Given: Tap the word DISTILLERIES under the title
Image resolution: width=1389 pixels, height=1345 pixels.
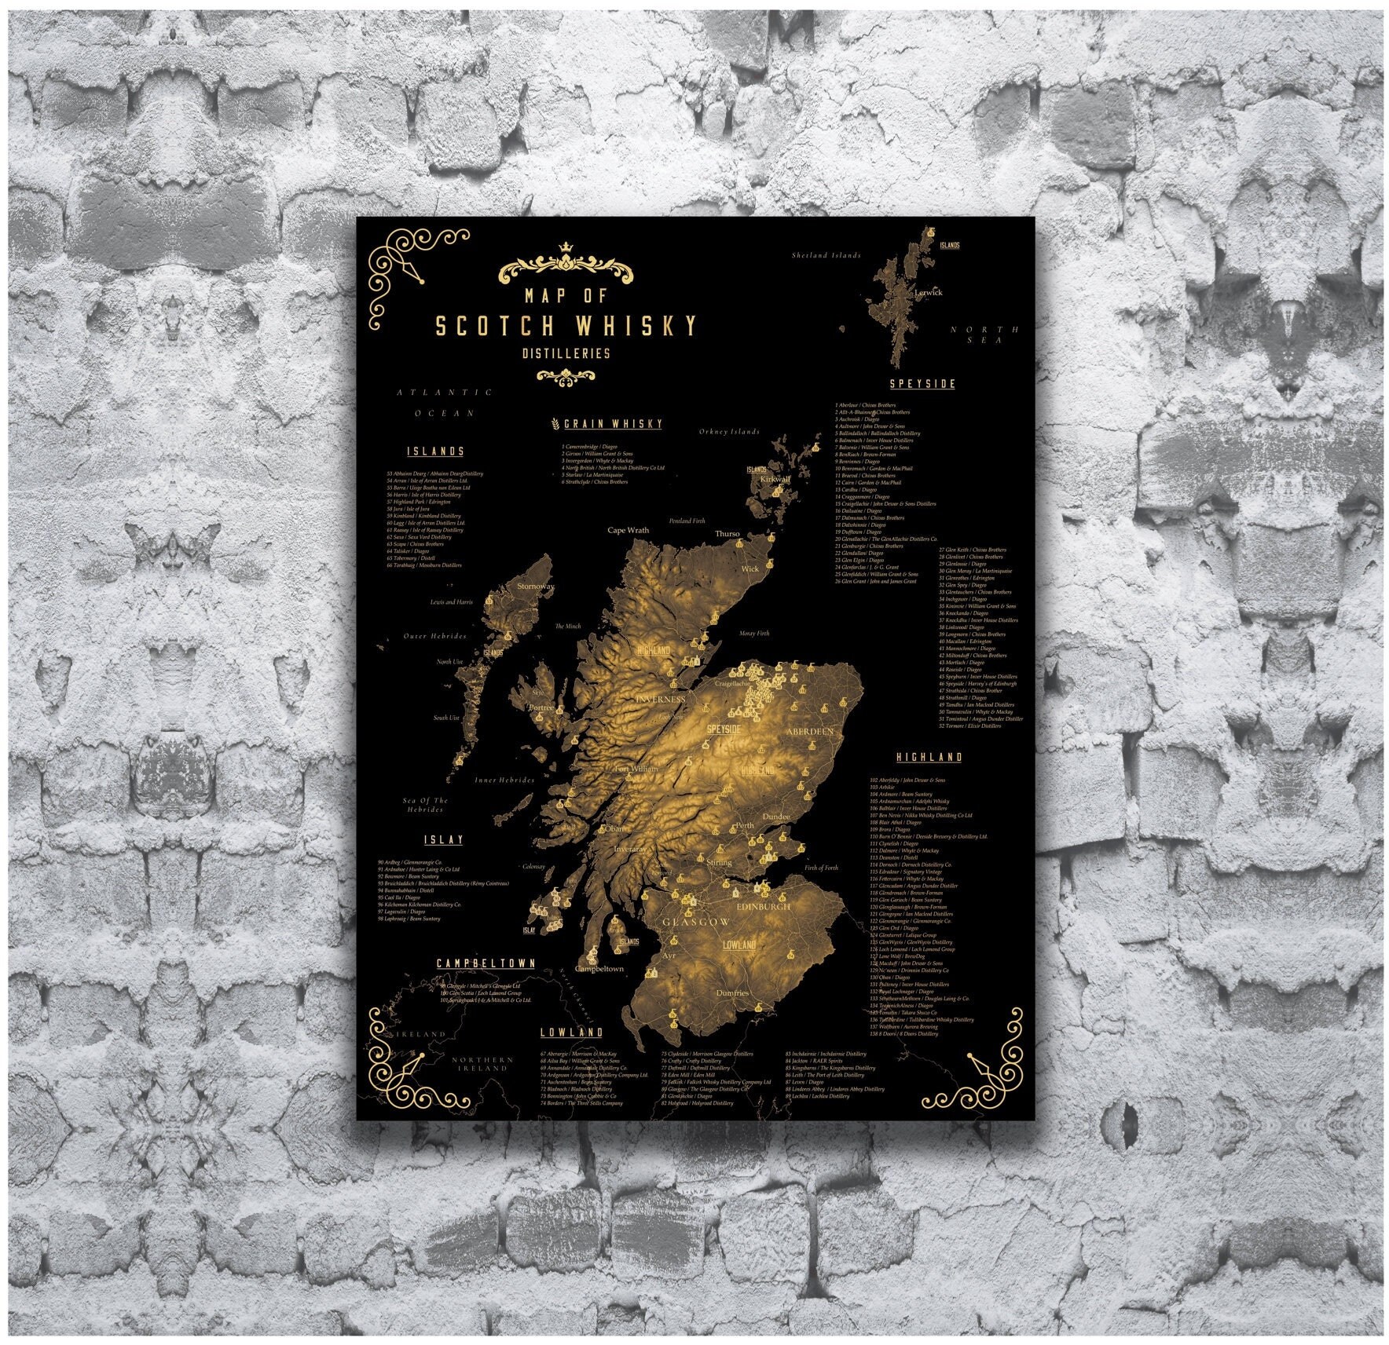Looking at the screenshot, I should pyautogui.click(x=566, y=353).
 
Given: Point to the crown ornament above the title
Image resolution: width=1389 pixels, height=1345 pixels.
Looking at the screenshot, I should pyautogui.click(x=566, y=249).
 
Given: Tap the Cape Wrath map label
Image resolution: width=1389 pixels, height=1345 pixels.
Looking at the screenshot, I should pyautogui.click(x=629, y=530).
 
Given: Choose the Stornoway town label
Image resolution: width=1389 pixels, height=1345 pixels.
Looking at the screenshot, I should pyautogui.click(x=536, y=586).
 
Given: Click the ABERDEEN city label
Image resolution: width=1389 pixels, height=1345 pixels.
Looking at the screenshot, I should pyautogui.click(x=809, y=731).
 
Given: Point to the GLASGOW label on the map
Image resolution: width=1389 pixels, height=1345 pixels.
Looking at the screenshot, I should pyautogui.click(x=696, y=922).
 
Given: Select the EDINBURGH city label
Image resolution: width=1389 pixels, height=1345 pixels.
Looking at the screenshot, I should pyautogui.click(x=764, y=906).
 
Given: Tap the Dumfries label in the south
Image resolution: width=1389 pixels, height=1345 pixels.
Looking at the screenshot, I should pyautogui.click(x=732, y=992).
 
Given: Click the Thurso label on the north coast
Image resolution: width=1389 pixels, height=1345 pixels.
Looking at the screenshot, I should pyautogui.click(x=727, y=534).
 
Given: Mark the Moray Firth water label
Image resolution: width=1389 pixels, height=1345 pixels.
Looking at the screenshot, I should pyautogui.click(x=754, y=633).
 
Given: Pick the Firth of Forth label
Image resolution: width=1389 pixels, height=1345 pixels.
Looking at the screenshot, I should pyautogui.click(x=821, y=868).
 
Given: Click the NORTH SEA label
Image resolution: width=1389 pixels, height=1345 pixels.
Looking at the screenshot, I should pyautogui.click(x=984, y=334).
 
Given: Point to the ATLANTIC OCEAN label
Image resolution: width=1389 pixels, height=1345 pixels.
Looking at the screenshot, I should pyautogui.click(x=445, y=402).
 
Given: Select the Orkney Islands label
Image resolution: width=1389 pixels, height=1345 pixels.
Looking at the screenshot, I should pyautogui.click(x=729, y=431).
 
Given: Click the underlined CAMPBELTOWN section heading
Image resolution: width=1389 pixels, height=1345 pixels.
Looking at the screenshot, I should pyautogui.click(x=486, y=963).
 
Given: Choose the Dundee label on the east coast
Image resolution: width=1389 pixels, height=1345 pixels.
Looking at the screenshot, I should pyautogui.click(x=776, y=817).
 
